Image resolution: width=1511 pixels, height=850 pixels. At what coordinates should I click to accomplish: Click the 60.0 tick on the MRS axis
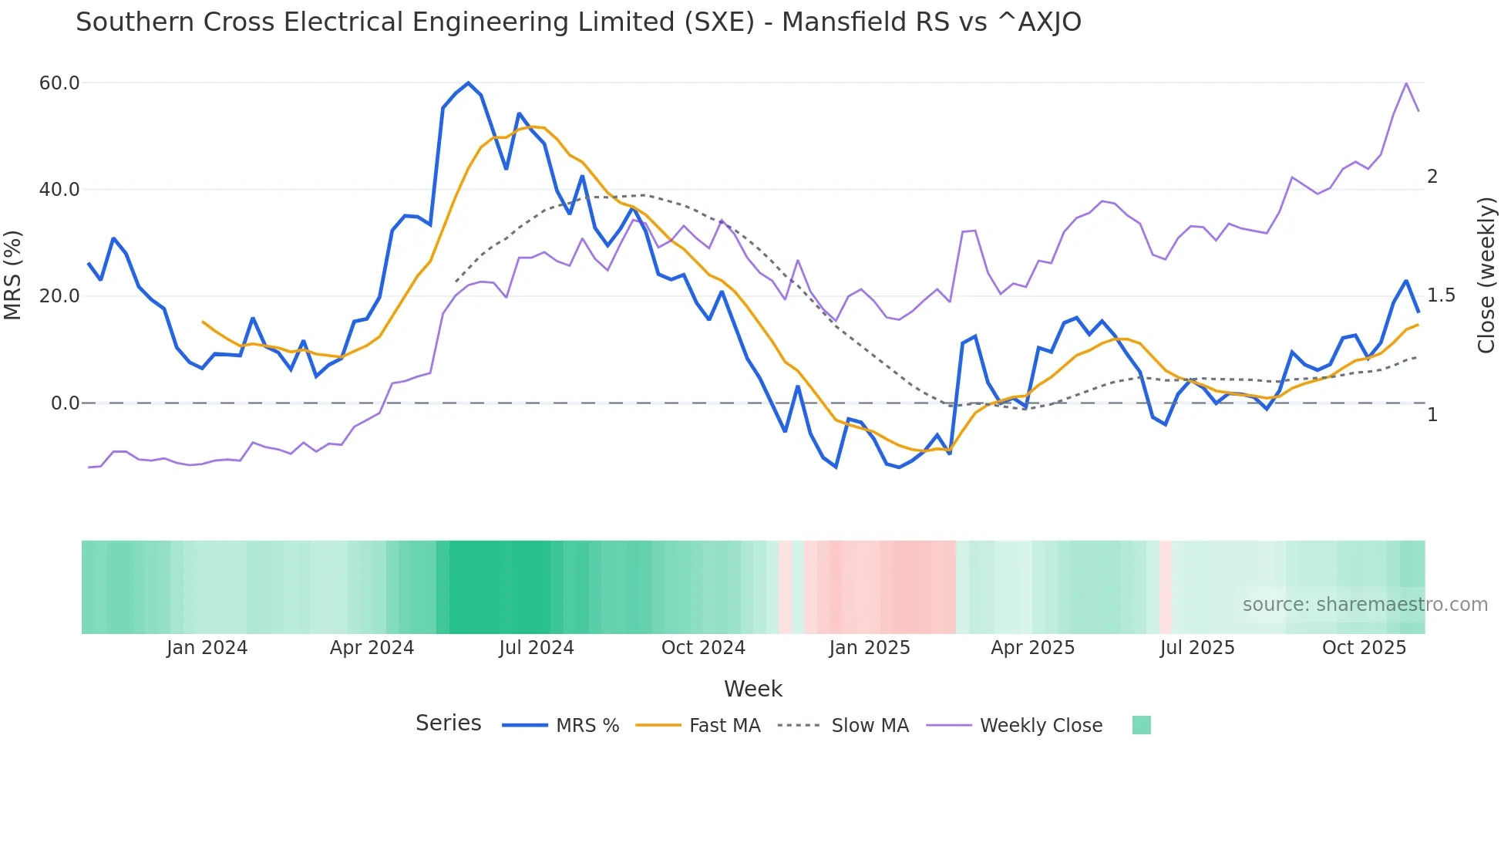(x=59, y=83)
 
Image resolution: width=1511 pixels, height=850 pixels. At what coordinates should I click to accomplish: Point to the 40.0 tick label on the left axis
(x=59, y=190)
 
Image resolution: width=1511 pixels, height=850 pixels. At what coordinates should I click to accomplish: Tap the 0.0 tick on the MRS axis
(x=65, y=403)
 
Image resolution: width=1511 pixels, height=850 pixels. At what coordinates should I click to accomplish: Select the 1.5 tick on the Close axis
(x=1441, y=296)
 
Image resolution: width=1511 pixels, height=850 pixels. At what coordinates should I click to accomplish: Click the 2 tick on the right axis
(x=1432, y=177)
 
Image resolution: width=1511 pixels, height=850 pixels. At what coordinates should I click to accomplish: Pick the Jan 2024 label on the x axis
(x=207, y=648)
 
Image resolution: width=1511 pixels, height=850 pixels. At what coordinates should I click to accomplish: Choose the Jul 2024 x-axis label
(x=537, y=648)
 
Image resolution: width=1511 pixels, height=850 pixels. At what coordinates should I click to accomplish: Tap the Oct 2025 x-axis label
(x=1364, y=648)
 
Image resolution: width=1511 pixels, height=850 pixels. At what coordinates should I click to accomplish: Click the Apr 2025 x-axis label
(x=1032, y=648)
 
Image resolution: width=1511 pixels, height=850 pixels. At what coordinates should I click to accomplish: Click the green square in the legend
(x=1141, y=725)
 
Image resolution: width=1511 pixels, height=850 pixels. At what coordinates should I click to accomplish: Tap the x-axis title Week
(x=752, y=689)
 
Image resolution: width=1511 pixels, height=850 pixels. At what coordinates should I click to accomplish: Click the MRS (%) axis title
(x=13, y=275)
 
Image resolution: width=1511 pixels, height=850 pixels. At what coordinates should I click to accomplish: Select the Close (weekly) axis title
(x=1486, y=275)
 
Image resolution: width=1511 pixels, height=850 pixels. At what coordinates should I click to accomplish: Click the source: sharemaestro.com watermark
(x=1365, y=605)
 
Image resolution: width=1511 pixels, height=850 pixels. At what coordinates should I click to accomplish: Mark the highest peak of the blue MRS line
(x=468, y=83)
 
